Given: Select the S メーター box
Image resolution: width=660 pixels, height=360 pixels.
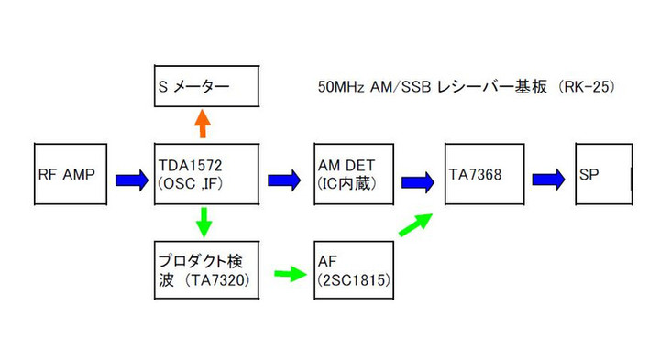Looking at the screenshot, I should [207, 89].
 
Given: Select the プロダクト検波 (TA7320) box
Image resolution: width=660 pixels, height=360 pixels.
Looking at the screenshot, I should [207, 268].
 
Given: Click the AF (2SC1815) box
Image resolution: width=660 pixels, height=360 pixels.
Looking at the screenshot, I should [354, 268].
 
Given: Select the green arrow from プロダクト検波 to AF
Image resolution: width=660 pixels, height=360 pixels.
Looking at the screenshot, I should [288, 272].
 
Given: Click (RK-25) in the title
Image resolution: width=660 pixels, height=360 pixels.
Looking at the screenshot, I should [596, 88].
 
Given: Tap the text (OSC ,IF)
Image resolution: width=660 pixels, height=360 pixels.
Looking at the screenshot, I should [195, 183].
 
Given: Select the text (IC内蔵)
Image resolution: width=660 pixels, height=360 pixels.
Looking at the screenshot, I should [351, 183].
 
